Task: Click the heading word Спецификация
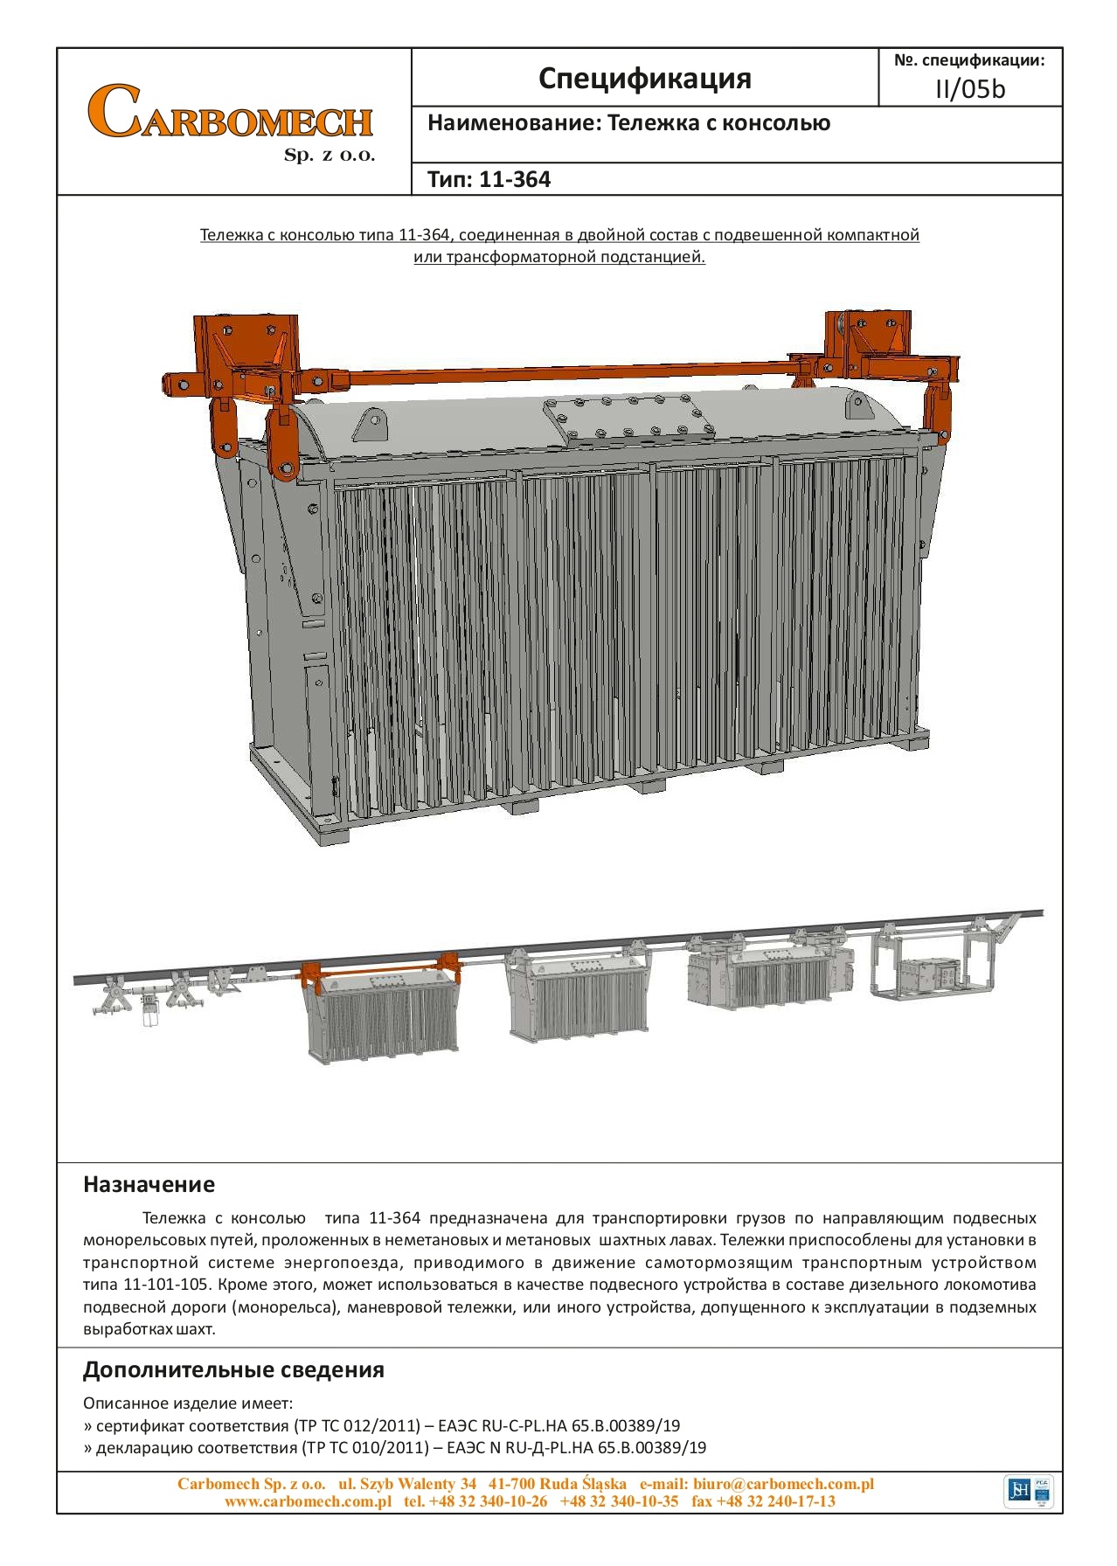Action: pyautogui.click(x=644, y=79)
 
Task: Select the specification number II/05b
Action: pyautogui.click(x=970, y=89)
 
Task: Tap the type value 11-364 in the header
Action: pyautogui.click(x=515, y=180)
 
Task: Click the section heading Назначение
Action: pyautogui.click(x=149, y=1184)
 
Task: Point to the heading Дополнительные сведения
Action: pyautogui.click(x=233, y=1369)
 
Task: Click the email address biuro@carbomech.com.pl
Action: pyautogui.click(x=783, y=1484)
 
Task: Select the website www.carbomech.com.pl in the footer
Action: pyautogui.click(x=308, y=1501)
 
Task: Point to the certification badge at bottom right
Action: pyautogui.click(x=1030, y=1490)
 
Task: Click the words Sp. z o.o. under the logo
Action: pyautogui.click(x=330, y=156)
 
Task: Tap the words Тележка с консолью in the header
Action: pyautogui.click(x=718, y=123)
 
